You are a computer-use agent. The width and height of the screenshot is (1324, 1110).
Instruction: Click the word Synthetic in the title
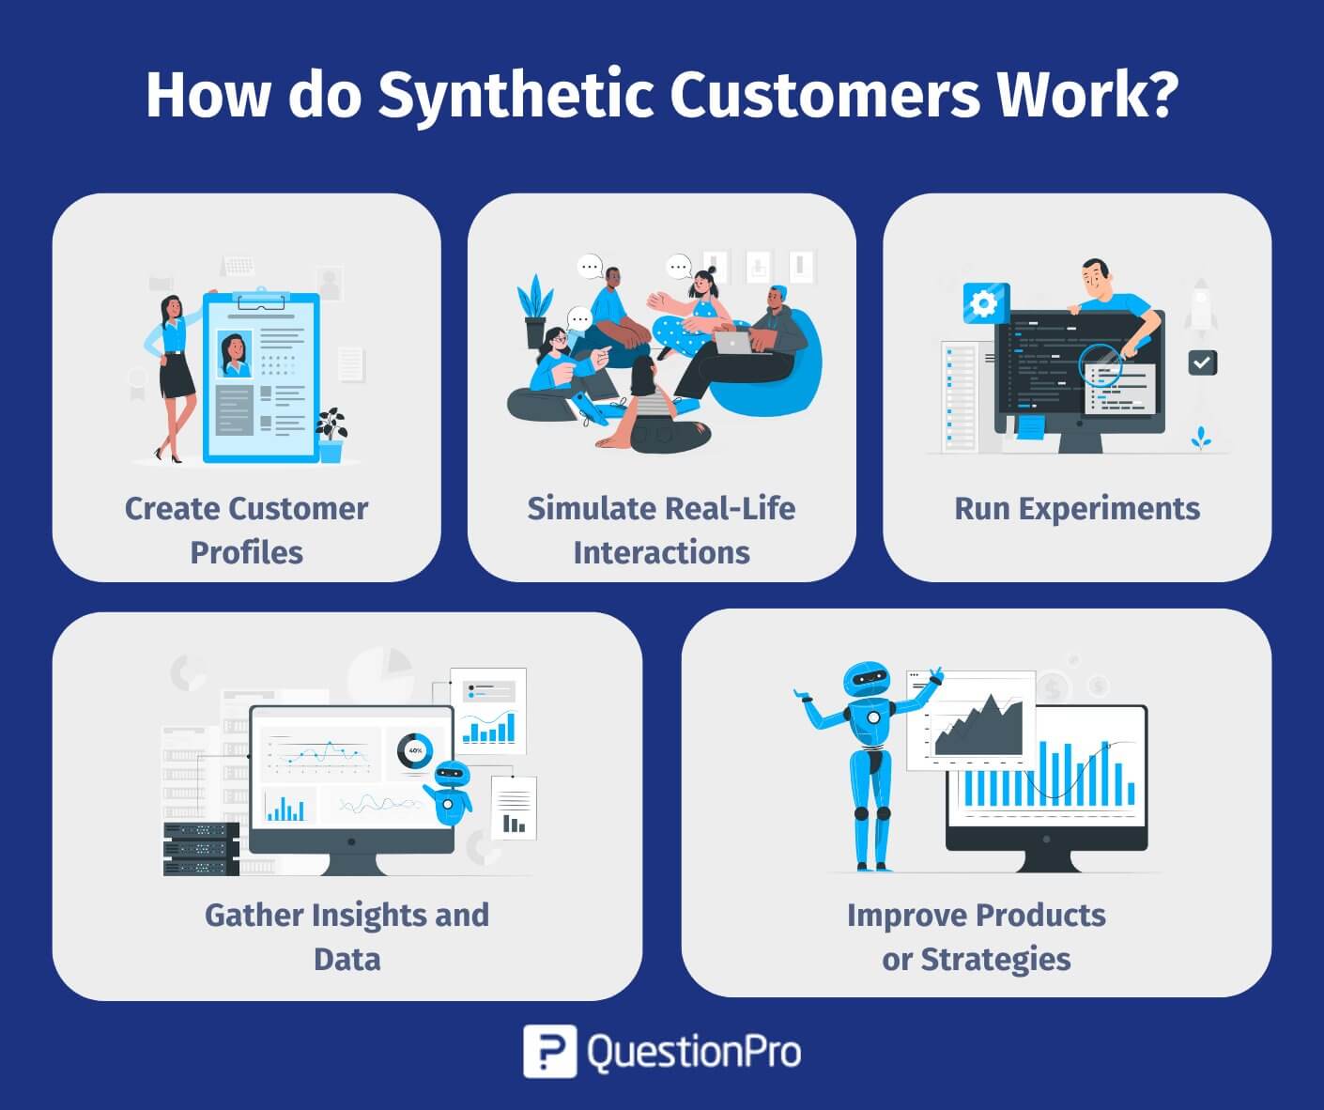[516, 96]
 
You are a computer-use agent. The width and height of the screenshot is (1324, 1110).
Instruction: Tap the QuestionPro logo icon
[549, 1051]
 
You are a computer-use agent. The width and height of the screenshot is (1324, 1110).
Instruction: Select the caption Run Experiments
[1077, 508]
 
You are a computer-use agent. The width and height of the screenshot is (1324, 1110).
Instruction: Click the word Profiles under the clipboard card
[246, 552]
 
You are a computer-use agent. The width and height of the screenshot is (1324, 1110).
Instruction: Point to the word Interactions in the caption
[661, 552]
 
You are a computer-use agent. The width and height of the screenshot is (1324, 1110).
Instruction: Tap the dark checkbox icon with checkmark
[1202, 362]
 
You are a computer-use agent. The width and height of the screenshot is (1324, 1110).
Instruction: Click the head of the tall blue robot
[865, 680]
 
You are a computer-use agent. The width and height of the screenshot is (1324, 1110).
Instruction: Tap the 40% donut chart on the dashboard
[414, 750]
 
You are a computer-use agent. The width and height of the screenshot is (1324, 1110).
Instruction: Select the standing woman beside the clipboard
[172, 376]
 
